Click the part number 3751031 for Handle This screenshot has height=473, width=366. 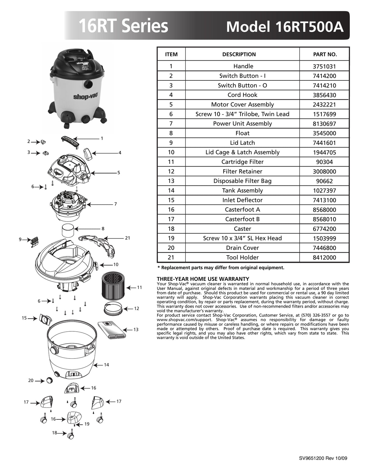(325, 66)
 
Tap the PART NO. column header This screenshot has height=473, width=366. (325, 55)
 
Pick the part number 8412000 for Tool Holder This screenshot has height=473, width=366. (325, 258)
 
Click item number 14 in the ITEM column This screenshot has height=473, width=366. (171, 190)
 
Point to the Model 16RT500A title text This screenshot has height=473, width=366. (285, 26)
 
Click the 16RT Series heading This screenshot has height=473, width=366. (123, 26)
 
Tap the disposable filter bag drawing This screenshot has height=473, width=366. (112, 330)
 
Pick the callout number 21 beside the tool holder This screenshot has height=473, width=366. (128, 238)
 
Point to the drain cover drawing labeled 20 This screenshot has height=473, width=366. (49, 380)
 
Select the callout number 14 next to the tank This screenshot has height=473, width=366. (106, 365)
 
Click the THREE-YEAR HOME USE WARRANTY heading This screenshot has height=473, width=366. (203, 279)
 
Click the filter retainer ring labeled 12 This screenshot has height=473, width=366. (113, 309)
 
